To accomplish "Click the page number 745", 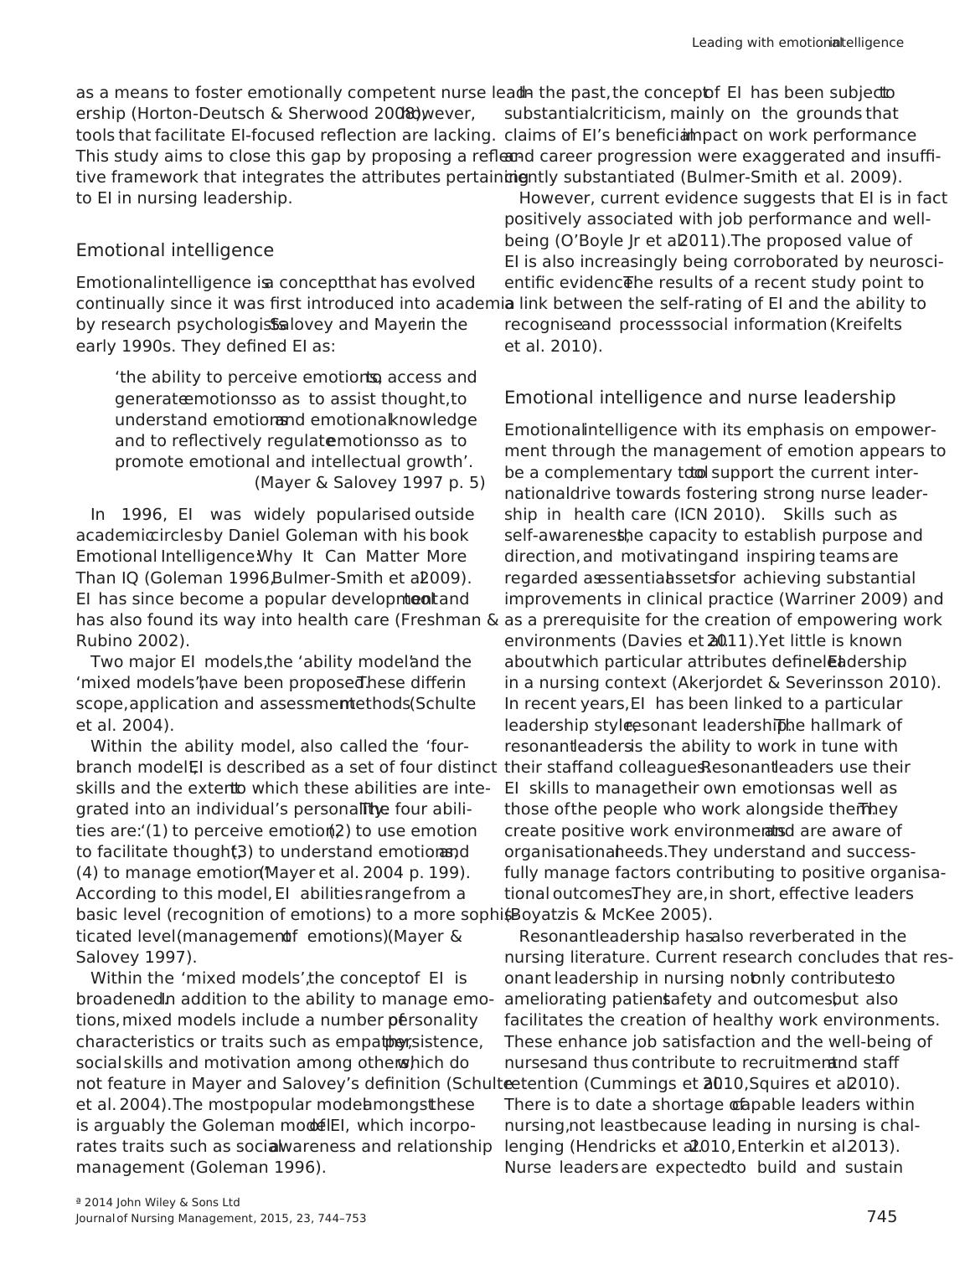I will click(x=881, y=1216).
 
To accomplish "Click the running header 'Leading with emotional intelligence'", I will click(x=797, y=43).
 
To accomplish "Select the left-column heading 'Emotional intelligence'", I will click(x=174, y=250).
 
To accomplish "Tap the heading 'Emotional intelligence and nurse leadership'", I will click(x=699, y=398).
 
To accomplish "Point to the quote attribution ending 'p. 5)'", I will click(x=369, y=482).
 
